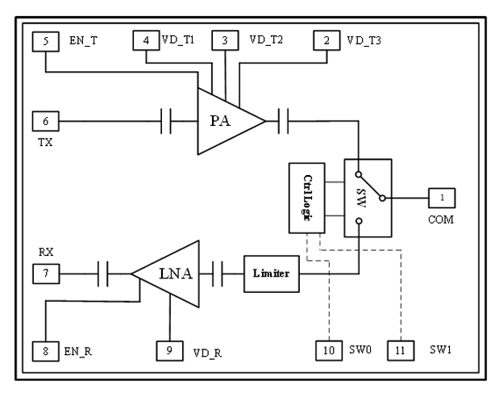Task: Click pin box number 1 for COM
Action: click(x=442, y=197)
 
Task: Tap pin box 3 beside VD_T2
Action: click(x=225, y=39)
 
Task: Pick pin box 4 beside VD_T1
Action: click(x=146, y=39)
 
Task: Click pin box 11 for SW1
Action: click(x=401, y=350)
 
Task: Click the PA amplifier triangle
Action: click(x=225, y=122)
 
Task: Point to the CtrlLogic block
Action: click(x=307, y=198)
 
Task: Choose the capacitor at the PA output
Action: click(x=283, y=122)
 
